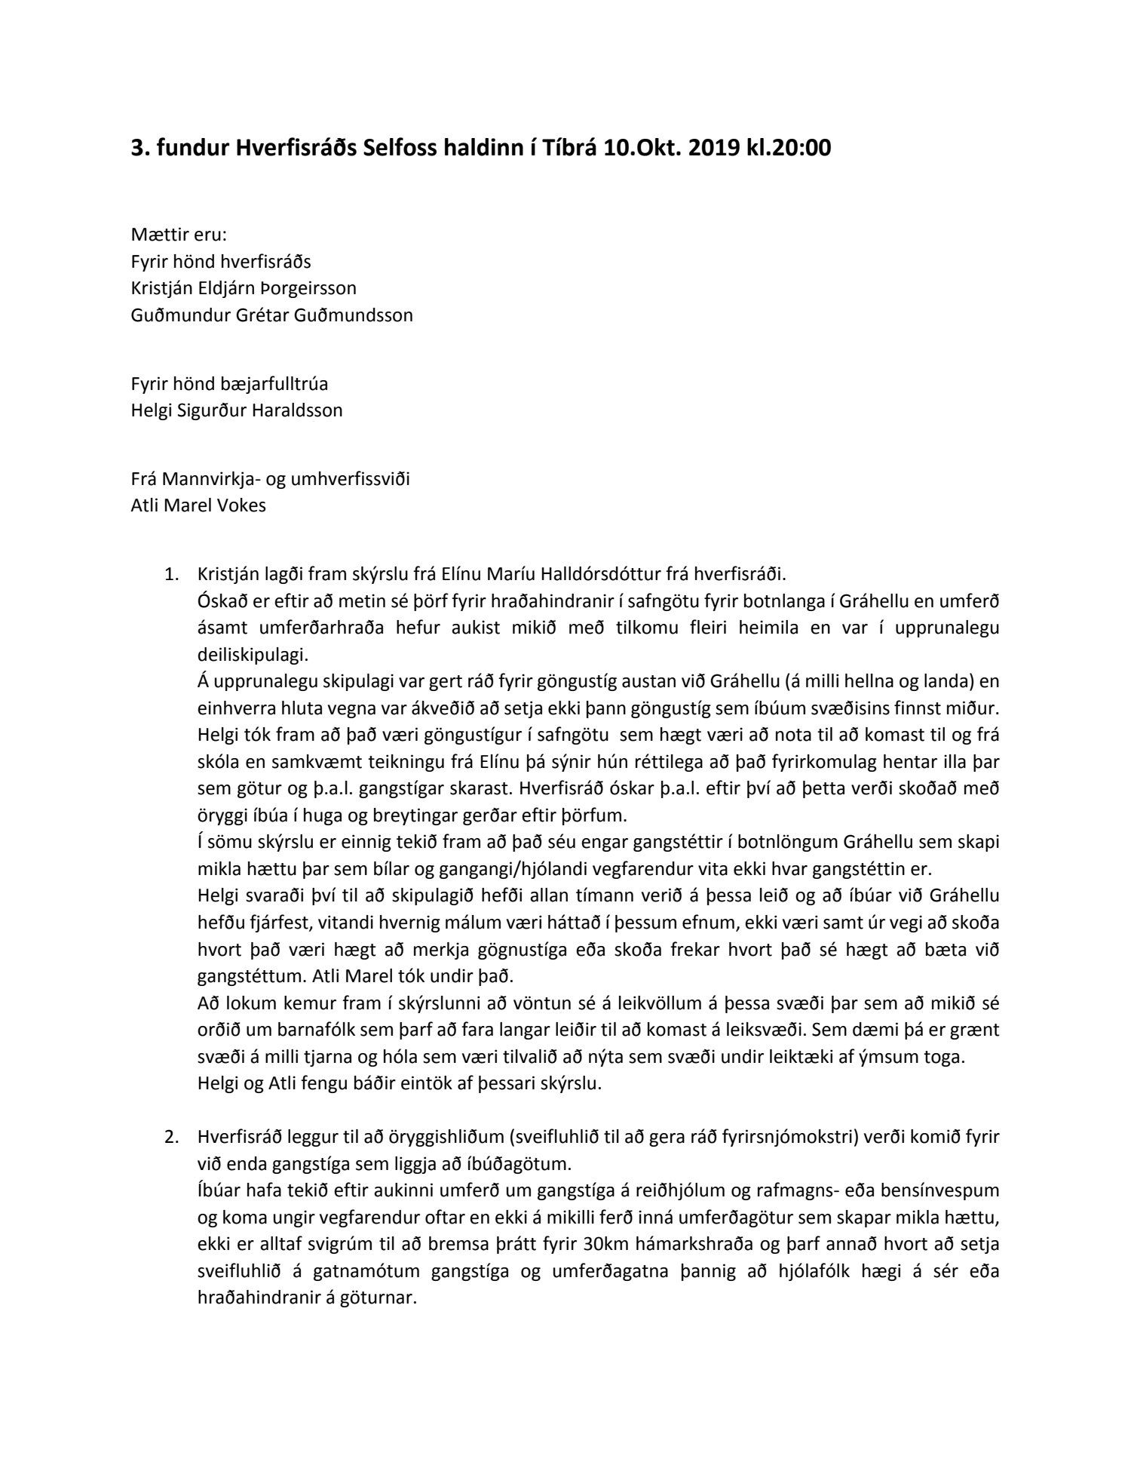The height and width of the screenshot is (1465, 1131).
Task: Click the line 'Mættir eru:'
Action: click(173, 235)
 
